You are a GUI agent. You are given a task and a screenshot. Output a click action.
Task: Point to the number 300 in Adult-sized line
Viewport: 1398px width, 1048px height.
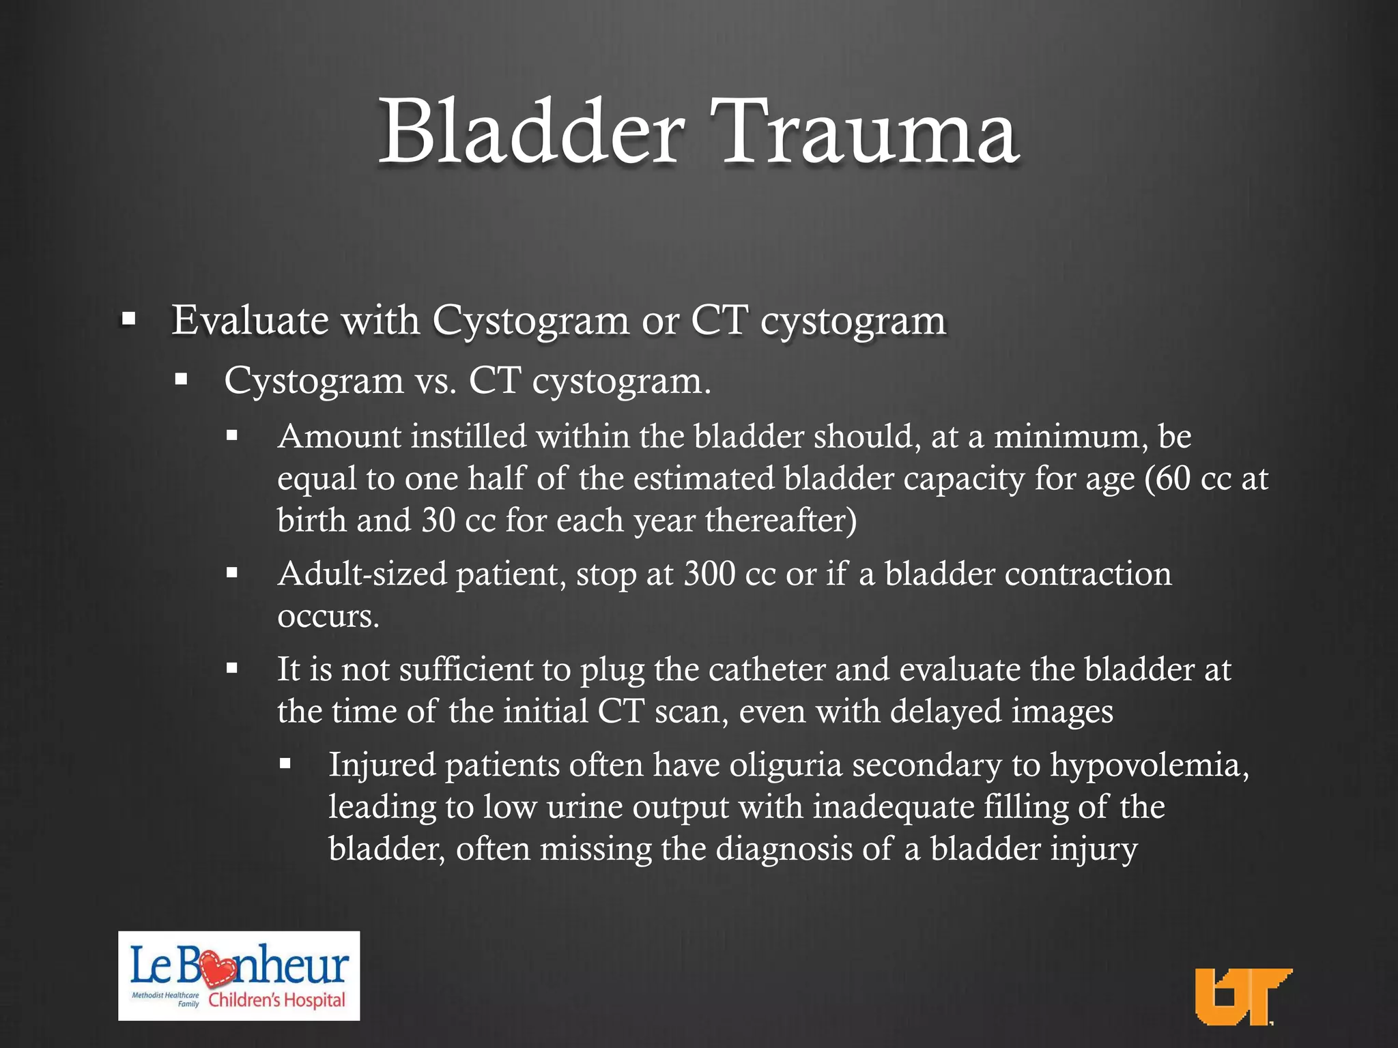point(709,574)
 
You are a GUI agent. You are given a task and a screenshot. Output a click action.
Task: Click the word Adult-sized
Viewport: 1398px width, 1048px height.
point(362,574)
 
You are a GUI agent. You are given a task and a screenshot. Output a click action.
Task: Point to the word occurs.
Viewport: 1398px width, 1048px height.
point(328,616)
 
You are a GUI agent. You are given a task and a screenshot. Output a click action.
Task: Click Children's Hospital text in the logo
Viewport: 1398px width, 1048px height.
point(276,1001)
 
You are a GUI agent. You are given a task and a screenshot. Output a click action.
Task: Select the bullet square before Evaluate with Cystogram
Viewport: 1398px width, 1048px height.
point(128,318)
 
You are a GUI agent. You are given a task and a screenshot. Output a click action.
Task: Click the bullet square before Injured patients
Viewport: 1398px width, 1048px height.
point(285,763)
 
